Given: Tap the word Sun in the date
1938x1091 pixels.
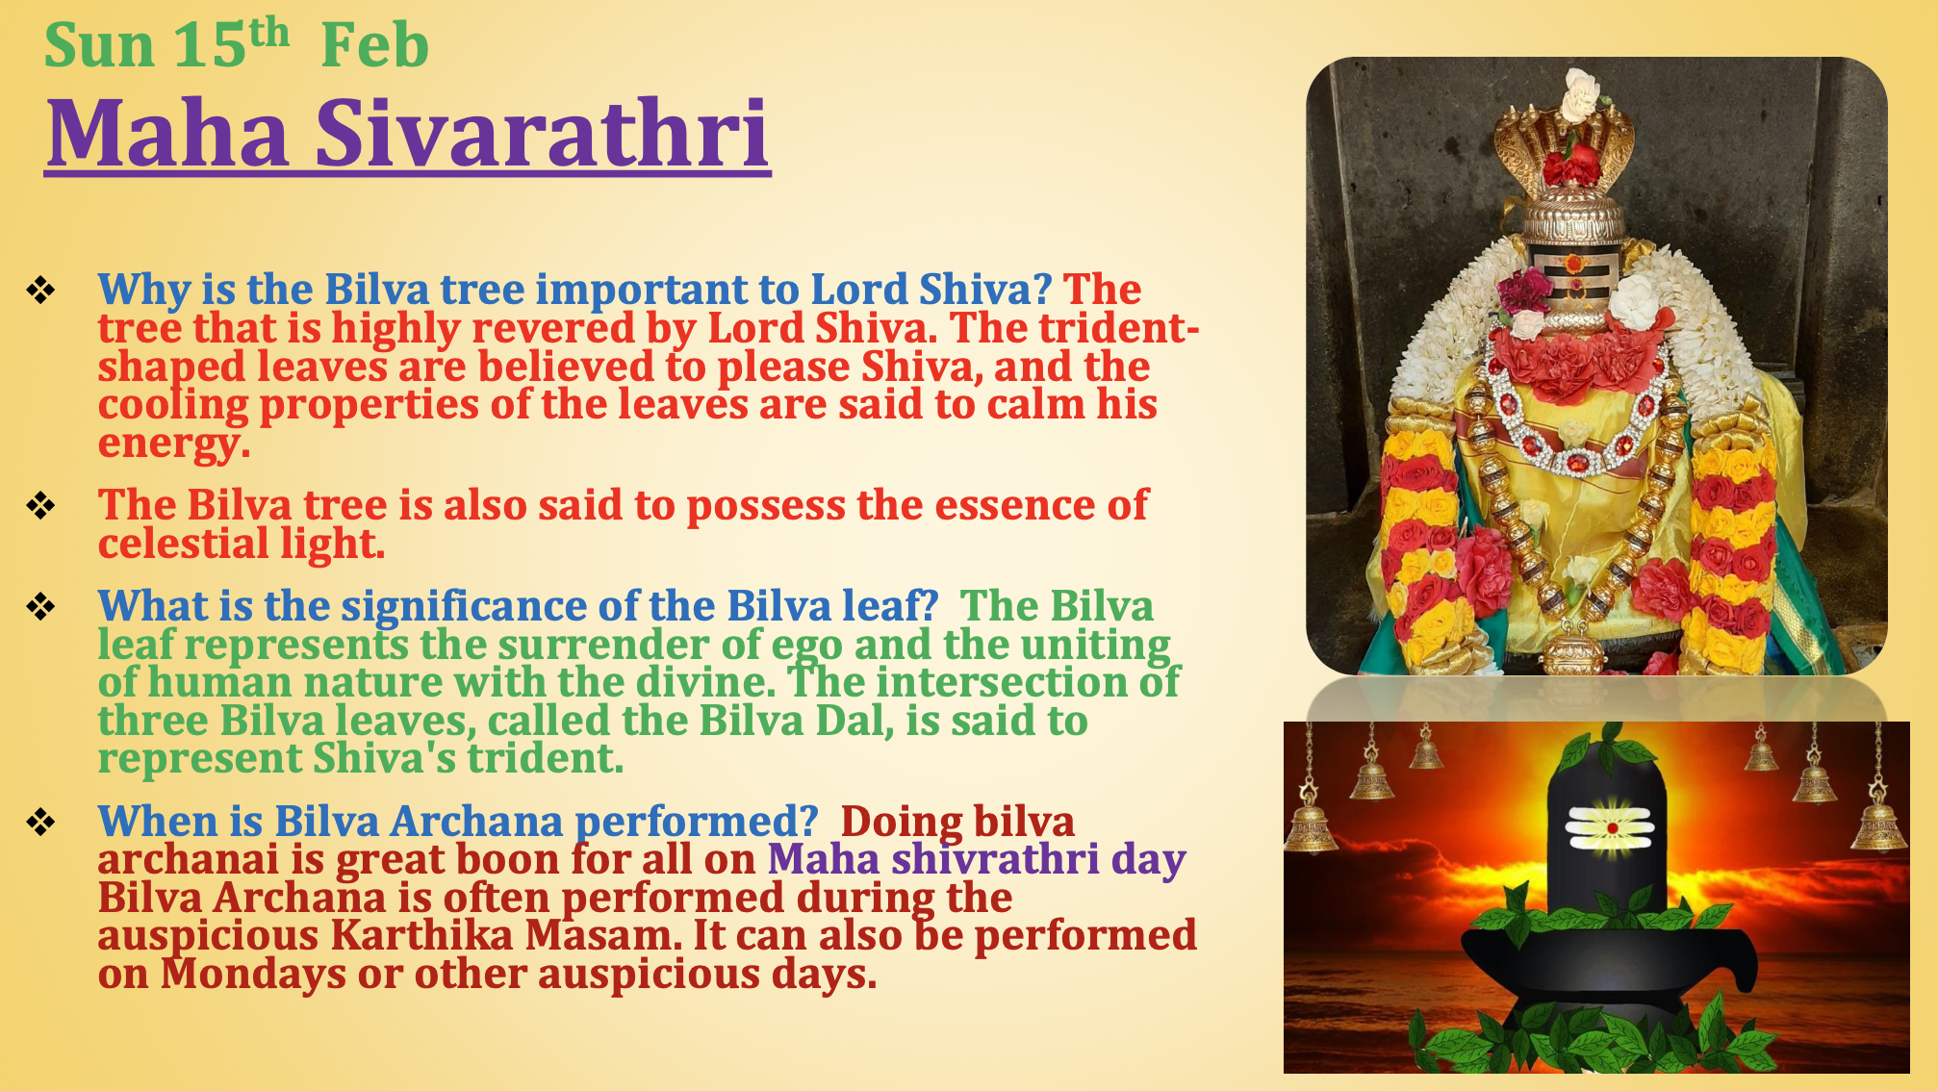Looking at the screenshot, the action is tap(99, 45).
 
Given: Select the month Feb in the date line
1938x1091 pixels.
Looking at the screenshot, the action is tap(374, 45).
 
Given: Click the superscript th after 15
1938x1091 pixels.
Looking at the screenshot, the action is tap(269, 32).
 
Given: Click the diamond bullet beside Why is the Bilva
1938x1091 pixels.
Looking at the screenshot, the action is tap(40, 290).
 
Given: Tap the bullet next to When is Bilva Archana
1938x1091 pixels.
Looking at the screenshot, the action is tap(40, 822).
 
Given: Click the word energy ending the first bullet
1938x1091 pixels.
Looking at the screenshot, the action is tap(174, 444).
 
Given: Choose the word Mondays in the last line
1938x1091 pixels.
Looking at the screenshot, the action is tap(253, 974).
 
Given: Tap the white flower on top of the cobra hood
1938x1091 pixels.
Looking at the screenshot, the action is tap(1580, 93).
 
